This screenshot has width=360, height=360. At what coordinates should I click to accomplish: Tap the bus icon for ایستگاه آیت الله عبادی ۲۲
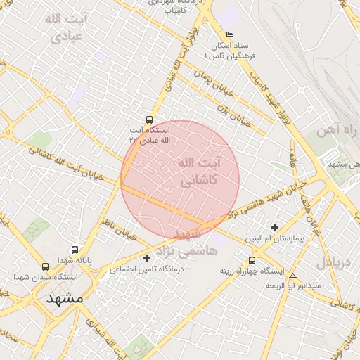pyautogui.click(x=148, y=120)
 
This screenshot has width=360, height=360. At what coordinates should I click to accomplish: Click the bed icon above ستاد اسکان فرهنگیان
pyautogui.click(x=230, y=35)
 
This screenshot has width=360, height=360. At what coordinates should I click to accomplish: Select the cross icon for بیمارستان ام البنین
pyautogui.click(x=274, y=227)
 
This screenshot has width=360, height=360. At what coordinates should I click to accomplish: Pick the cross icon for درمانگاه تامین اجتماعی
pyautogui.click(x=146, y=258)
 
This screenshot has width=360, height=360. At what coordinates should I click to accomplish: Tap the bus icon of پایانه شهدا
pyautogui.click(x=75, y=250)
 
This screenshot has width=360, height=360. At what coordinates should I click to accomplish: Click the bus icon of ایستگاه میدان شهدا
pyautogui.click(x=46, y=267)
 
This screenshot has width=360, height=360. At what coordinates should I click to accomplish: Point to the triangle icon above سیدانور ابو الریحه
pyautogui.click(x=292, y=276)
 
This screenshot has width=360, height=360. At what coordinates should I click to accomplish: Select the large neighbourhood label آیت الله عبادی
pyautogui.click(x=63, y=26)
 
